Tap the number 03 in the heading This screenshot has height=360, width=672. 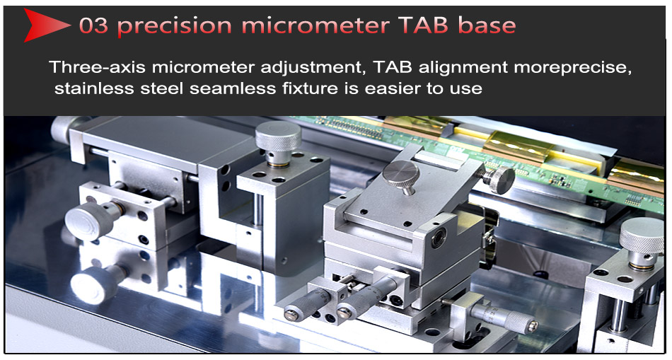click(93, 25)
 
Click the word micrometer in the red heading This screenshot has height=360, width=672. click(315, 25)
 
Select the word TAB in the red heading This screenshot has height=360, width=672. click(424, 25)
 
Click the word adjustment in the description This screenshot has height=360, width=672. click(313, 68)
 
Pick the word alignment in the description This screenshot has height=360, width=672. click(463, 68)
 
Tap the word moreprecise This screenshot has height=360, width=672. click(572, 68)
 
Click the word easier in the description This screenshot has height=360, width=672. click(391, 88)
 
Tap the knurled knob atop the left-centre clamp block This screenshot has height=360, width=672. click(278, 138)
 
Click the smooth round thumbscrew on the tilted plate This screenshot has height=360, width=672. click(400, 173)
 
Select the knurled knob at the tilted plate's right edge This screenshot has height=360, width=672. click(502, 179)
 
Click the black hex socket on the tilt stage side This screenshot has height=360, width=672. click(439, 238)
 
